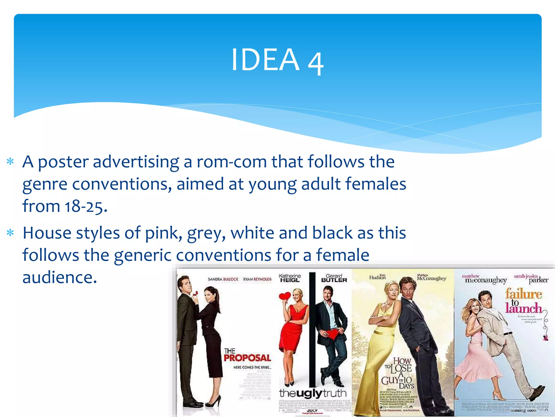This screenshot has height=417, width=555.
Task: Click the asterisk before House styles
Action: click(x=10, y=233)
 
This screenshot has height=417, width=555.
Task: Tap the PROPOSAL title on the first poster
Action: click(x=247, y=358)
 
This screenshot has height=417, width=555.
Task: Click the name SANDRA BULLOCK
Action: click(x=223, y=279)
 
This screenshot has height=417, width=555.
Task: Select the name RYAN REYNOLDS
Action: click(x=257, y=279)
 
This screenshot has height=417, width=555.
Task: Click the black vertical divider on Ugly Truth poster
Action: click(x=312, y=326)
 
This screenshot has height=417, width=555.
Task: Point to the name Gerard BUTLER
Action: click(x=334, y=278)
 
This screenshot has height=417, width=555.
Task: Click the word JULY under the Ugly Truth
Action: click(x=312, y=410)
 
